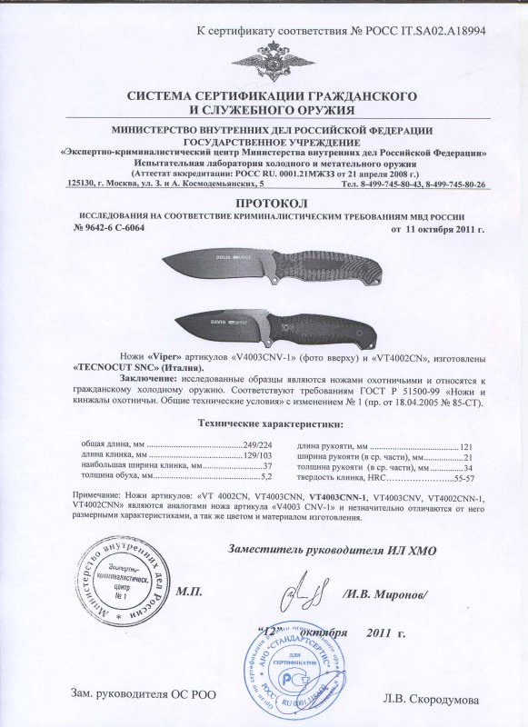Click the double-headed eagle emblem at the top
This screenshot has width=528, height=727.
click(264, 57)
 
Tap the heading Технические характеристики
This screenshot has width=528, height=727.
click(264, 424)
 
